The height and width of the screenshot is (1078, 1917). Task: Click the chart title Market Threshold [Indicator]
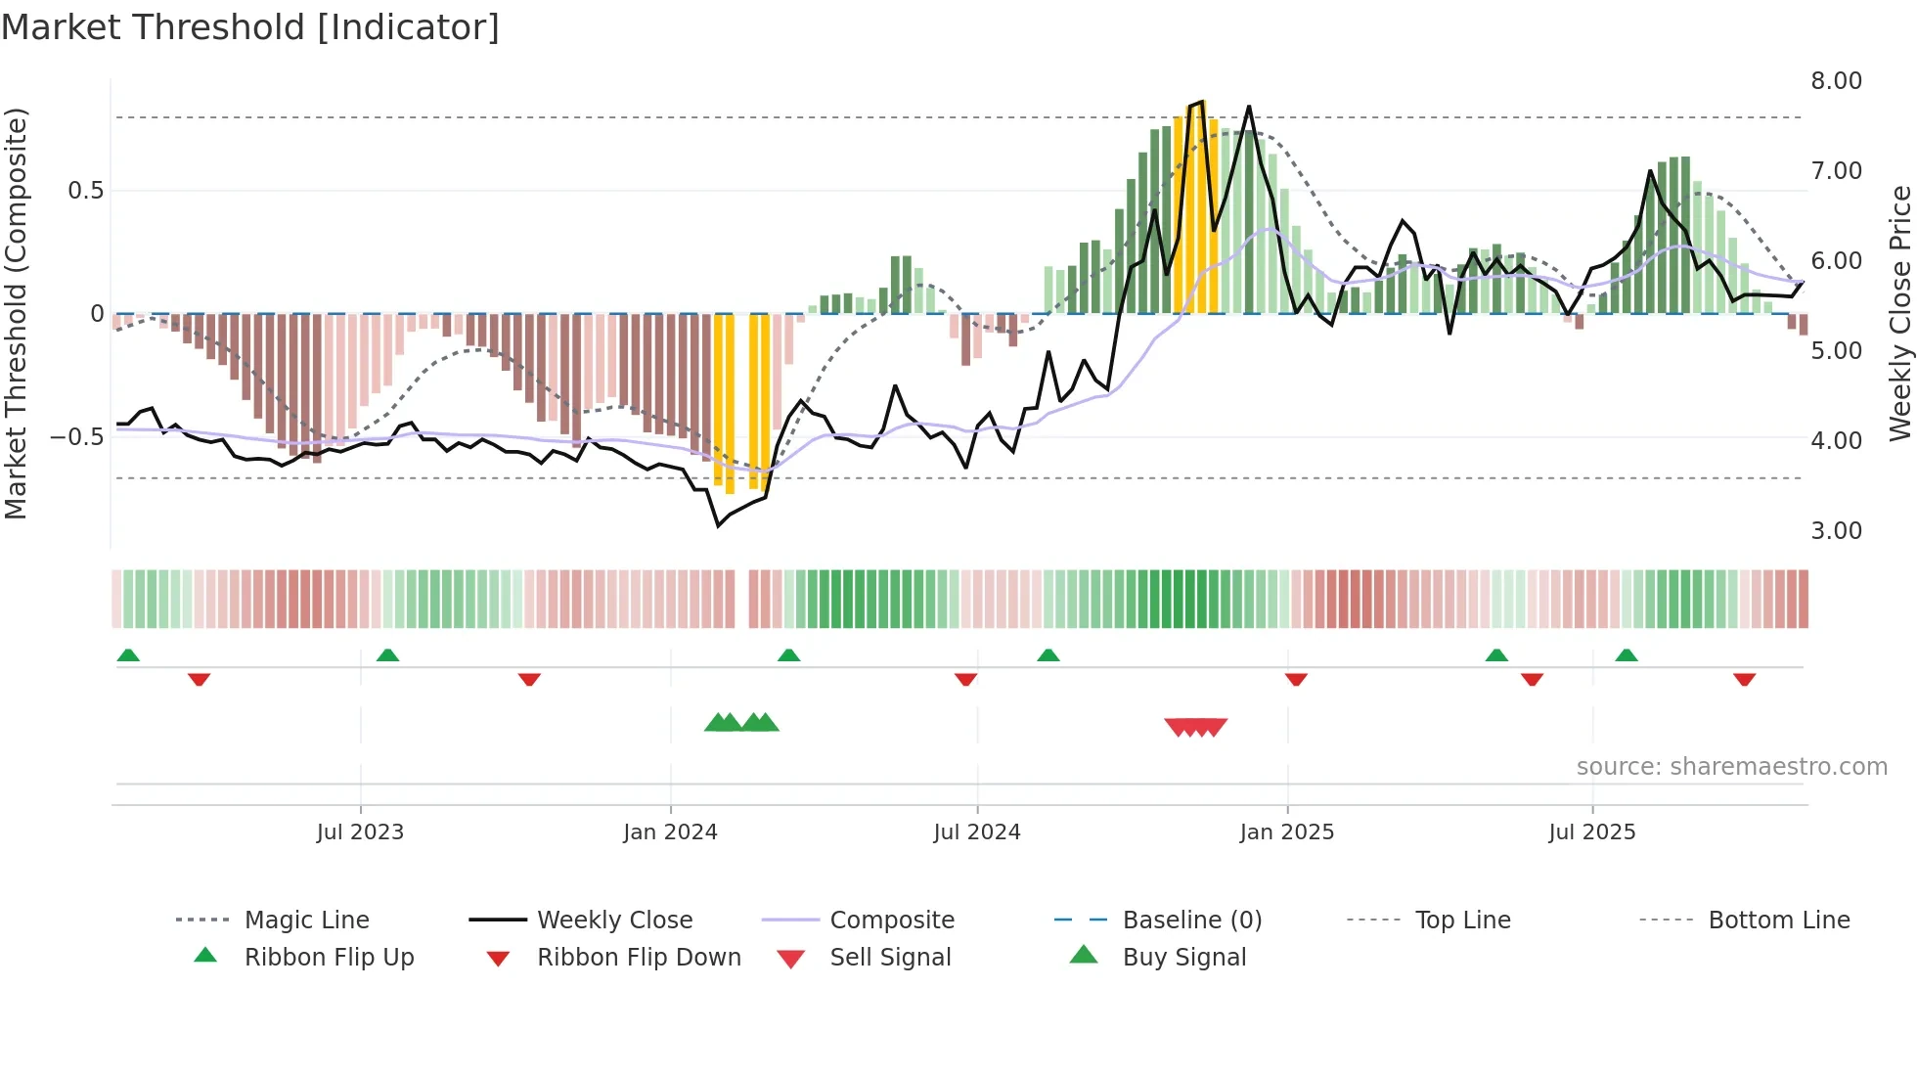[x=250, y=27]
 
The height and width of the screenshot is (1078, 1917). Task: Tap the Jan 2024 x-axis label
[x=670, y=832]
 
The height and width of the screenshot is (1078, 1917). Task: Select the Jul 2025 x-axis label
[x=1591, y=832]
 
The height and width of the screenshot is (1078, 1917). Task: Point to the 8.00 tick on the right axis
[x=1836, y=81]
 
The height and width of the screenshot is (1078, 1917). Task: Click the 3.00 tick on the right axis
[x=1836, y=531]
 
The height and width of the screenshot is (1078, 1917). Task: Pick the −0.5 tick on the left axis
[x=77, y=437]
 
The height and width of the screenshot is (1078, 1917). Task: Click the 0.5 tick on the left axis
[x=85, y=191]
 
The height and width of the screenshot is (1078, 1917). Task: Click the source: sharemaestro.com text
[x=1731, y=767]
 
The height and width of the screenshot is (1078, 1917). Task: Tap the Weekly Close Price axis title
[x=1899, y=313]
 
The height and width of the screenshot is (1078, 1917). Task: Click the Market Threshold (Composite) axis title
[x=16, y=313]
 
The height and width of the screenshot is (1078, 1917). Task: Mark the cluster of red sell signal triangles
[x=1195, y=727]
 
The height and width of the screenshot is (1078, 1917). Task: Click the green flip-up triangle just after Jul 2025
[x=1626, y=655]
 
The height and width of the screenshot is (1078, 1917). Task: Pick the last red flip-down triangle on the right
[x=1744, y=679]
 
